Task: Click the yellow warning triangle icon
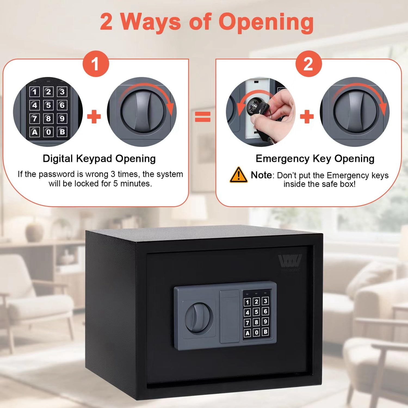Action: [x=239, y=175]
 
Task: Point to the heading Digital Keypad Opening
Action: [x=99, y=158]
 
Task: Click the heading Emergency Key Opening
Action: [x=315, y=158]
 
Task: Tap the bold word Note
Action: [x=261, y=175]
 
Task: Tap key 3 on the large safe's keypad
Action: [x=265, y=301]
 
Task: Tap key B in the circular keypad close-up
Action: [x=62, y=132]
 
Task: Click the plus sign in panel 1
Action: [x=94, y=117]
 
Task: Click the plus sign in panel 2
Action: [x=307, y=117]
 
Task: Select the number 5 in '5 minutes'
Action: [x=116, y=184]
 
